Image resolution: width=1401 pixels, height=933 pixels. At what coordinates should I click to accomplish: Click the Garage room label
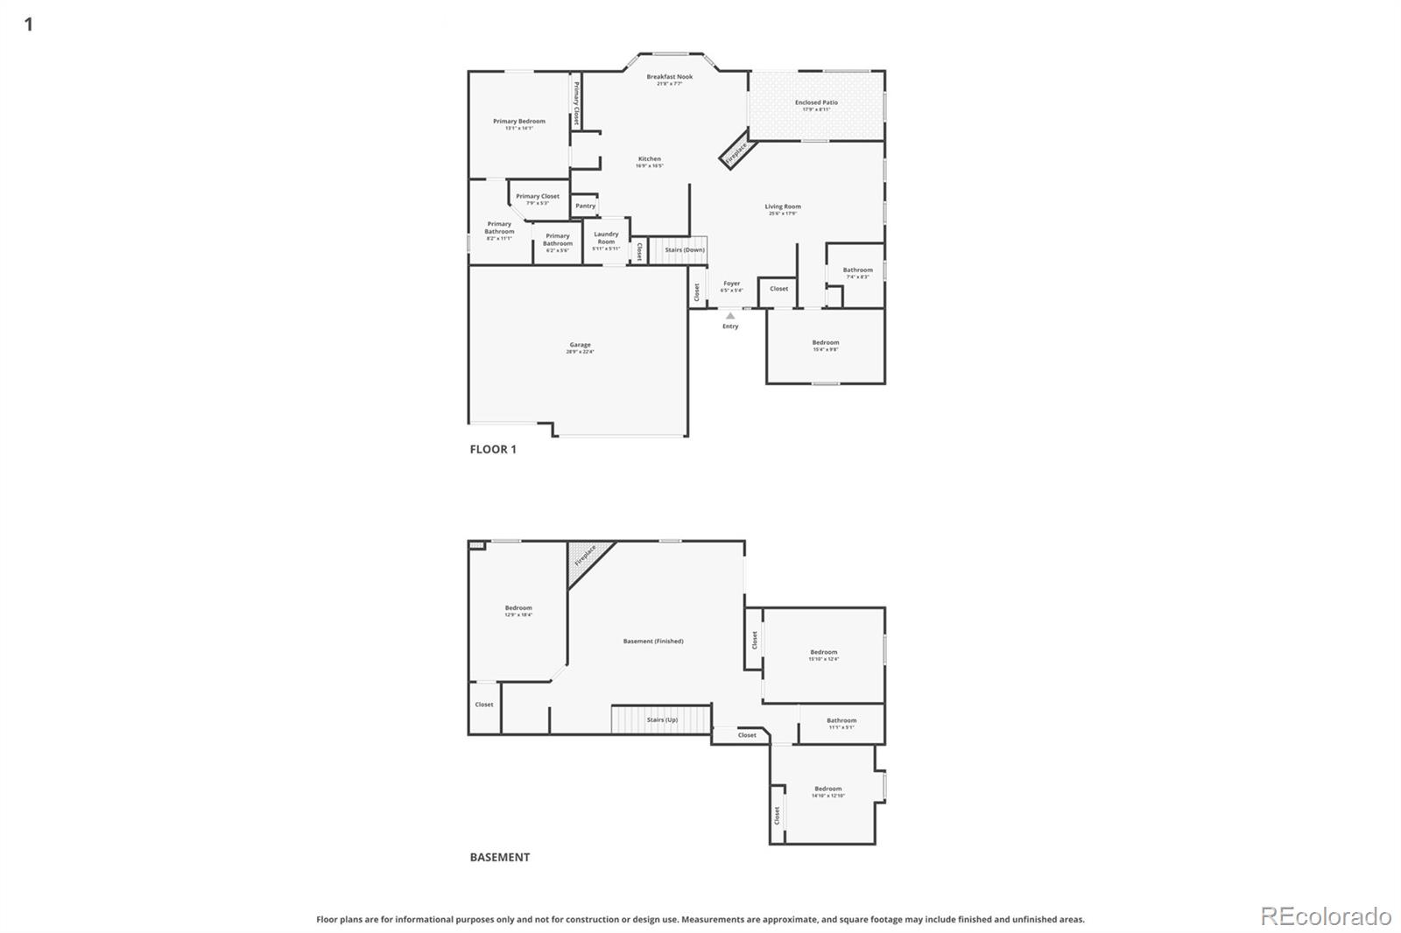(580, 345)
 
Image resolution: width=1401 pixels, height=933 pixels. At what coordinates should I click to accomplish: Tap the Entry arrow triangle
(730, 316)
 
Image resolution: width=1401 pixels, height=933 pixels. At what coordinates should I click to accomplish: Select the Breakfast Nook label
(670, 77)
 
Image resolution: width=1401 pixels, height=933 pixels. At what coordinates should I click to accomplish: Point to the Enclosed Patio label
(816, 102)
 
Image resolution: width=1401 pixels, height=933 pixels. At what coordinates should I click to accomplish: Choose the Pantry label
(585, 206)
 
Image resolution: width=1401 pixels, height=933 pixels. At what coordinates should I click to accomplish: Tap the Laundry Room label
(606, 237)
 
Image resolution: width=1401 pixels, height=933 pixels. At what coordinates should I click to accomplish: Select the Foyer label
(731, 284)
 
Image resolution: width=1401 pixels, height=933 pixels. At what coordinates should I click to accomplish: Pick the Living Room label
(783, 207)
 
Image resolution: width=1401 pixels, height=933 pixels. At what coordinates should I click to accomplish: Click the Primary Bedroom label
(518, 122)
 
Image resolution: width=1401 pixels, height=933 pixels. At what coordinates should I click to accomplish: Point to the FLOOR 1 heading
(493, 449)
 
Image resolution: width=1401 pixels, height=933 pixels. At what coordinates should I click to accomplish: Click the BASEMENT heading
(499, 857)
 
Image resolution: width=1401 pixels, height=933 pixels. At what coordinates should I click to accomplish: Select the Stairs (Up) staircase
(660, 720)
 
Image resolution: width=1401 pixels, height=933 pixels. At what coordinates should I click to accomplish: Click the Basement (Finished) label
(653, 642)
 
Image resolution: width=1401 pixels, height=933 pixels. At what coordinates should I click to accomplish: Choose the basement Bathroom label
(841, 721)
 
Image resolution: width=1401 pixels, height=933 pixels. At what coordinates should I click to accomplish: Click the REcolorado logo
(1326, 915)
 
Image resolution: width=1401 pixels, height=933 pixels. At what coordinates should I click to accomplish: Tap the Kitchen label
(649, 159)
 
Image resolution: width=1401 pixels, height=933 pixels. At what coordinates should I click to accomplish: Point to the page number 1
(29, 24)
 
